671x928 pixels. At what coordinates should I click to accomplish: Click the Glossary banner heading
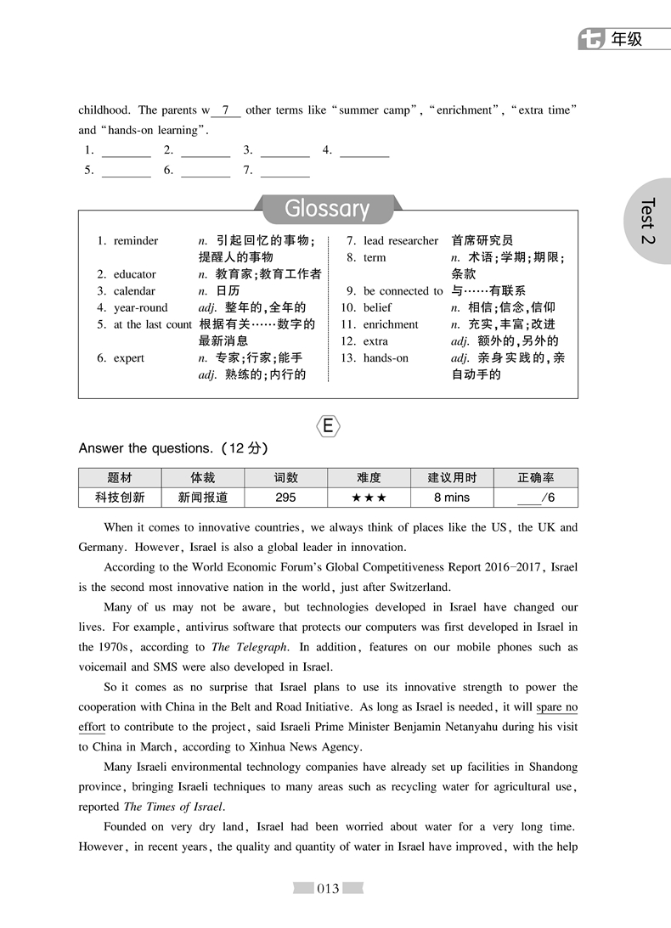pyautogui.click(x=327, y=209)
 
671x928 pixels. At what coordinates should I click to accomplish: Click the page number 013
pyautogui.click(x=328, y=889)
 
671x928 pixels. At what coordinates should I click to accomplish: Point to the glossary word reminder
pyautogui.click(x=136, y=241)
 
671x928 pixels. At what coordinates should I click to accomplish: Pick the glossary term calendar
pyautogui.click(x=134, y=291)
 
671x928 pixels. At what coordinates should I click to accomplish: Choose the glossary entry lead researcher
pyautogui.click(x=401, y=241)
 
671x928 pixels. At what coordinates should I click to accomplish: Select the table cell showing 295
pyautogui.click(x=286, y=498)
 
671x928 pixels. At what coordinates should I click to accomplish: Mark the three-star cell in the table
pyautogui.click(x=369, y=498)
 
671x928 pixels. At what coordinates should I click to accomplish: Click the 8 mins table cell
pyautogui.click(x=452, y=498)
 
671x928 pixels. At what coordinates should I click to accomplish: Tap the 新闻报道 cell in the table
pyautogui.click(x=203, y=498)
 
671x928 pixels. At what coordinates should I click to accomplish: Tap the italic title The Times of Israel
pyautogui.click(x=173, y=807)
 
